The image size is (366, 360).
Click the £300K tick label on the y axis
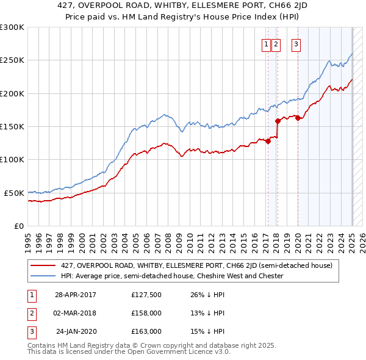[12, 27]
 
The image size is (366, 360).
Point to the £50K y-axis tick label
[14, 193]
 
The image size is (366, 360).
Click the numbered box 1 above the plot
[267, 43]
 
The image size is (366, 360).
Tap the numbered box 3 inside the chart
[296, 43]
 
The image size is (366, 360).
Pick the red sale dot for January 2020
[298, 118]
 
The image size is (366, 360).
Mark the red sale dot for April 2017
[267, 142]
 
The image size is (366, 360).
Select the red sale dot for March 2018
[277, 121]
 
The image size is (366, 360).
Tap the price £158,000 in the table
[146, 314]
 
